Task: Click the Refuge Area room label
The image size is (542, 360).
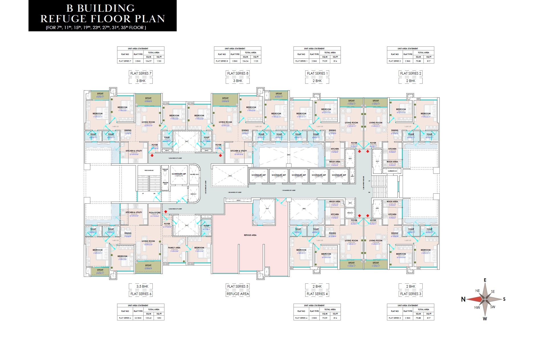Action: coord(250,235)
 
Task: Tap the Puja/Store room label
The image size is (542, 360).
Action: coord(154,213)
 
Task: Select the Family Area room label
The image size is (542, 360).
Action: coord(174,248)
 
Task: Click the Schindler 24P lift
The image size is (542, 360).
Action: coord(179,174)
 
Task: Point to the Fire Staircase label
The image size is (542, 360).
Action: coord(149,171)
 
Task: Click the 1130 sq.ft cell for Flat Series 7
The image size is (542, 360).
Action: coord(159,61)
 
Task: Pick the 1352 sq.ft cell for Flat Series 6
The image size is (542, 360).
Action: coord(159,318)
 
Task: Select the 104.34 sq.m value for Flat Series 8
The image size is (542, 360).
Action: coord(245,61)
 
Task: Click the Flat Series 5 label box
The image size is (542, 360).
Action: coord(238,286)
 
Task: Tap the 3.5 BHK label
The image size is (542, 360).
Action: coord(142,286)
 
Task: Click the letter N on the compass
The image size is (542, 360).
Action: coord(463,299)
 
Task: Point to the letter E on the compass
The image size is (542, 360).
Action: coord(485,280)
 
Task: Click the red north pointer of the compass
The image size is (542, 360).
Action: coord(474,299)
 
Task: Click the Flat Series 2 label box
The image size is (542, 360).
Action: coord(411,73)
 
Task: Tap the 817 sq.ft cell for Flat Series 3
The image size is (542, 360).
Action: coord(429,318)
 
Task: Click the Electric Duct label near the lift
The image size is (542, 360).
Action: coord(194,175)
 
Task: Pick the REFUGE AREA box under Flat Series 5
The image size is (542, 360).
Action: coord(238,294)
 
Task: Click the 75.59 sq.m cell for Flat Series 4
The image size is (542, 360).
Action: coord(325,318)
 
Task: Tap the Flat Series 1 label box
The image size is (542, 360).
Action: coord(317,73)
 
